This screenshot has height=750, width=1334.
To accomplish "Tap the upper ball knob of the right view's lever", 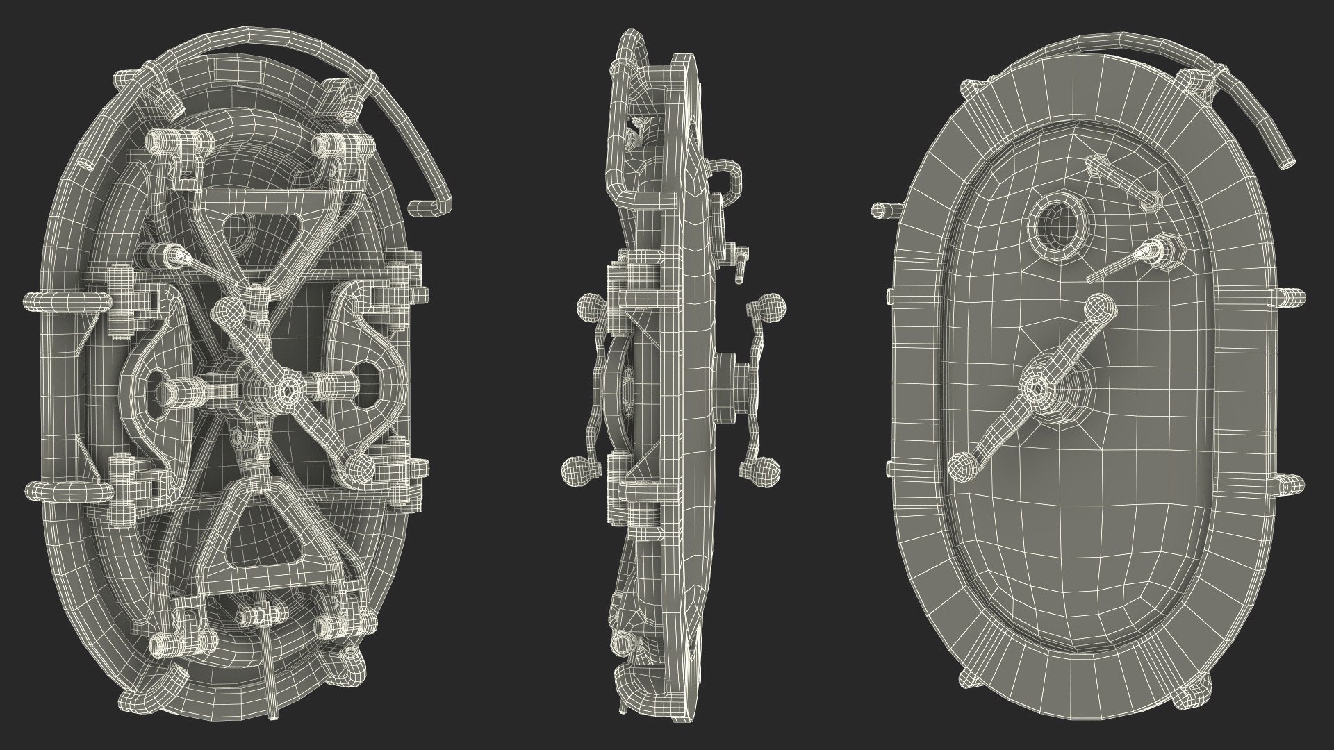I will click(1098, 307).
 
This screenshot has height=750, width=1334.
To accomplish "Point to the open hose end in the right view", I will click(1287, 162).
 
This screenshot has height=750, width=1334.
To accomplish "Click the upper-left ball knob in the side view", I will click(591, 306).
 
